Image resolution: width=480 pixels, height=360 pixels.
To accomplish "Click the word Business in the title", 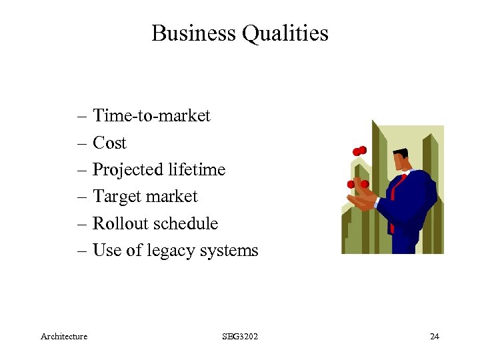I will pos(194,33).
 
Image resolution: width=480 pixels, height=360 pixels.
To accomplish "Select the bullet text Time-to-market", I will pos(151,116).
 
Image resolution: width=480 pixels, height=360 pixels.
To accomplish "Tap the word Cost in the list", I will pos(109,143).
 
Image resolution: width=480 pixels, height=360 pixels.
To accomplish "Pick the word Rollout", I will pos(117,223).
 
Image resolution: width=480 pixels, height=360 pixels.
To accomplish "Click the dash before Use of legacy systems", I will pos(82,251).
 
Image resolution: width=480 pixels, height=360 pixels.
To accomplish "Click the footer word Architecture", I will pos(64,337).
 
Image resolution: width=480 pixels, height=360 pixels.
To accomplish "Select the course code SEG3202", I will pos(240,337).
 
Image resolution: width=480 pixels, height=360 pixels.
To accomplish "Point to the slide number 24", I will pos(434,337).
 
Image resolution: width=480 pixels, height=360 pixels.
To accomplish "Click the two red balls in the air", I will pos(359,151).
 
